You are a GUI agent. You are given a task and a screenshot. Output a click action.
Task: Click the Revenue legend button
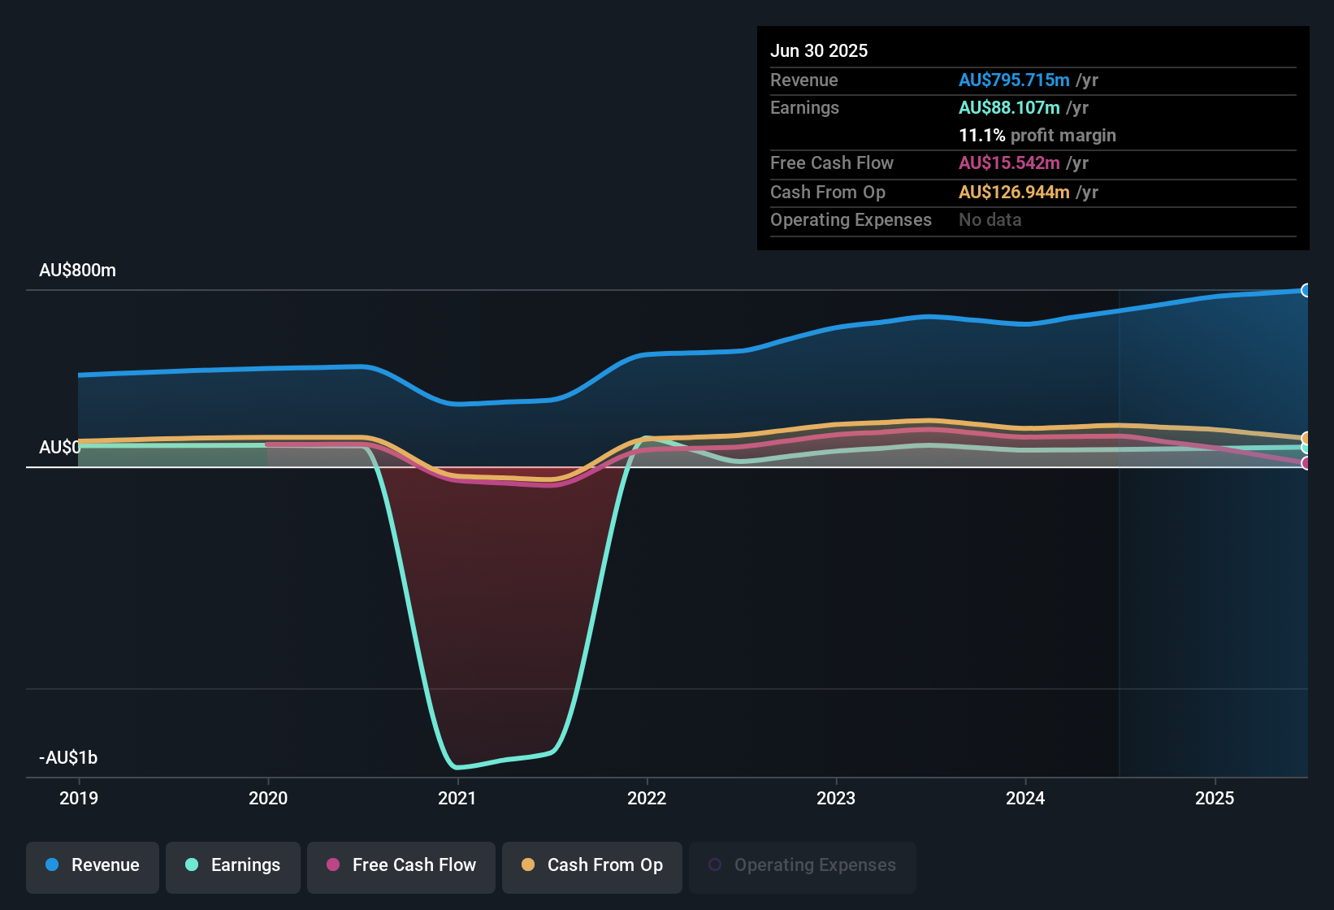(x=93, y=865)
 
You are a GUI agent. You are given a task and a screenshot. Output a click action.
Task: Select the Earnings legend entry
(x=233, y=865)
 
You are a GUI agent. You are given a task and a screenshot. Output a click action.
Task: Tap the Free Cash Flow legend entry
(x=401, y=865)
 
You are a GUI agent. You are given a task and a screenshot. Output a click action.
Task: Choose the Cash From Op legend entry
(x=592, y=865)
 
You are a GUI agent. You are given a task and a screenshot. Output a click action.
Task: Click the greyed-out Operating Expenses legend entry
(x=803, y=865)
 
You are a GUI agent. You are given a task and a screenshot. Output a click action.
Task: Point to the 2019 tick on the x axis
(x=79, y=798)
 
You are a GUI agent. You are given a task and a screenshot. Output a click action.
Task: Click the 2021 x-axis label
(x=457, y=798)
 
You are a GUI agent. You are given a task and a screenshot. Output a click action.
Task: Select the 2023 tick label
(x=835, y=798)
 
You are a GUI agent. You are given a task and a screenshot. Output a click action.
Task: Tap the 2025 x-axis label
(x=1214, y=798)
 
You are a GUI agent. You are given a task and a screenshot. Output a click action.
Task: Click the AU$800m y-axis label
(x=77, y=271)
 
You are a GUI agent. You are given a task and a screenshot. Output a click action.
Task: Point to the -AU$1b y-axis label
(x=68, y=758)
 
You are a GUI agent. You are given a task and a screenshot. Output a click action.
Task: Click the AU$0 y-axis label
(x=59, y=448)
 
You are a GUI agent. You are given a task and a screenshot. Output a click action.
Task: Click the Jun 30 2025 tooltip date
(x=818, y=50)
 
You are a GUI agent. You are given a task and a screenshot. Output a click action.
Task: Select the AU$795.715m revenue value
(x=1013, y=80)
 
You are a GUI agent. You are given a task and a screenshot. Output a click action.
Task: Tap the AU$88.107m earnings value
(x=1008, y=107)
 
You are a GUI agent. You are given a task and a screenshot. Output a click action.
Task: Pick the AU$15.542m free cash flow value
(x=1008, y=162)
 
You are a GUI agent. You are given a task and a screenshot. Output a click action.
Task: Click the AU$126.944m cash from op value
(x=1013, y=192)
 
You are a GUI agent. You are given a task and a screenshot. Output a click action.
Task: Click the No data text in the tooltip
(x=990, y=220)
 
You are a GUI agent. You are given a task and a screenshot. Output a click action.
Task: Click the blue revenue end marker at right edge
(x=1306, y=290)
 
